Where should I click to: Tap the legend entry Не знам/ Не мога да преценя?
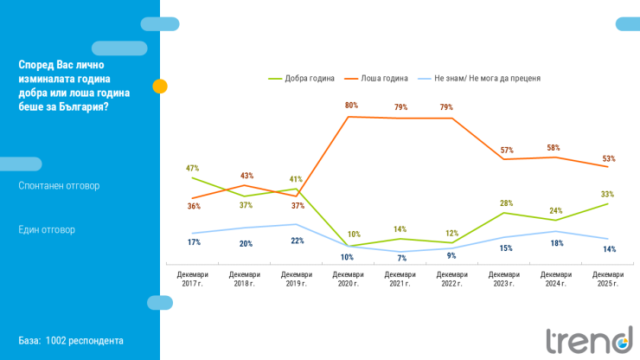(489, 78)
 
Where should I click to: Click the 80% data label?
(351, 106)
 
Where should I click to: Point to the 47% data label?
(193, 168)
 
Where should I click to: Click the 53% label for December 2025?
(609, 158)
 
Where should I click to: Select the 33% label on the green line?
(607, 195)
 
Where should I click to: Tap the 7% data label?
(402, 259)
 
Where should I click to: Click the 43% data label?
(246, 177)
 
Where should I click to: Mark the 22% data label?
(297, 241)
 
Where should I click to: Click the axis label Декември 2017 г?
(192, 279)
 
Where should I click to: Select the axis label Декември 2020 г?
(349, 279)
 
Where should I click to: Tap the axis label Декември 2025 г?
(608, 279)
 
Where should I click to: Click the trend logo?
(588, 339)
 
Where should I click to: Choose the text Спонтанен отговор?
(59, 185)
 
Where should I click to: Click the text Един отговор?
(47, 230)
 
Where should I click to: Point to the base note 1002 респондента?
(71, 341)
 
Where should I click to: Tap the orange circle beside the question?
(160, 87)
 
